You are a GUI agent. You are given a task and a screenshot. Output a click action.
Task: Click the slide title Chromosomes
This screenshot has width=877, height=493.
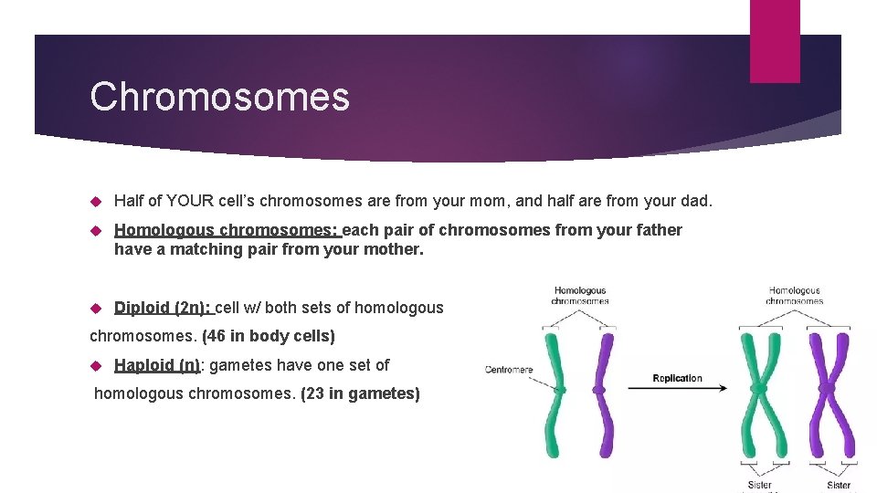[219, 97]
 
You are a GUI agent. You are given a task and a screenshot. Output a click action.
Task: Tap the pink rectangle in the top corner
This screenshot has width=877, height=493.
[774, 41]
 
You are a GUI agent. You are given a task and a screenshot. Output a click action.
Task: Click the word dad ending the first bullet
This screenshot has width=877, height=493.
[695, 201]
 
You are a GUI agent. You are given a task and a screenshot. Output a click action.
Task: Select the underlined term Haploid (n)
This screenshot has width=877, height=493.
[156, 365]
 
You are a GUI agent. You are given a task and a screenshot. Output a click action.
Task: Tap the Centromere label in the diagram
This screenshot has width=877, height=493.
[509, 370]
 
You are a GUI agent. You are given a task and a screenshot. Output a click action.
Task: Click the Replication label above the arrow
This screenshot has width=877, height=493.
[677, 378]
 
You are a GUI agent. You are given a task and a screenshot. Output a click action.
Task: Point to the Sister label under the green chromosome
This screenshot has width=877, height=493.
[759, 486]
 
